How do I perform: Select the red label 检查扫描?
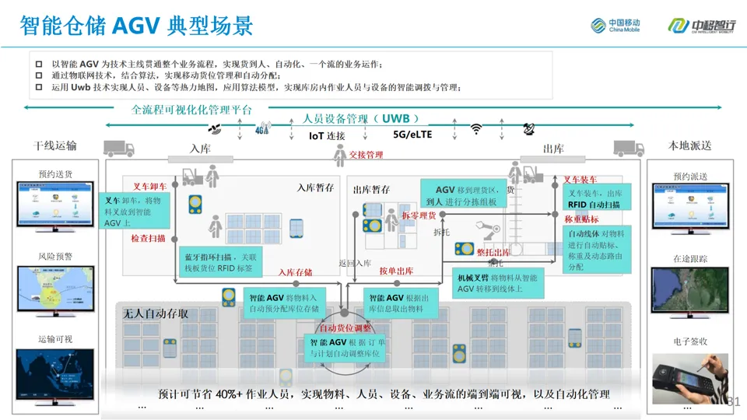(x=148, y=239)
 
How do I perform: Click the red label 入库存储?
(x=296, y=272)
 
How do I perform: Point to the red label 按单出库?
(x=396, y=271)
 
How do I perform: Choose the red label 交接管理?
(x=366, y=155)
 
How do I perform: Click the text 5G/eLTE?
(x=412, y=135)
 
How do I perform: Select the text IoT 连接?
(x=327, y=136)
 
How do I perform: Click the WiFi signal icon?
(x=476, y=129)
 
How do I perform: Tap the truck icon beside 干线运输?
(x=118, y=148)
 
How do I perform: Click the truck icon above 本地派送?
(x=629, y=148)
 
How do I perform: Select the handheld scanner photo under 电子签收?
(x=689, y=378)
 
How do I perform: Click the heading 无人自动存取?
(x=155, y=314)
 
